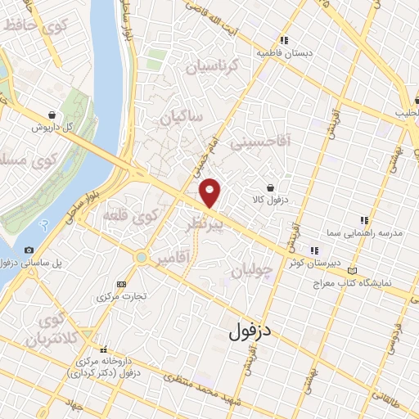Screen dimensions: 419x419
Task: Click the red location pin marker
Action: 210,192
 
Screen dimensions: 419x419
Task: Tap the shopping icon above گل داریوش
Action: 53,115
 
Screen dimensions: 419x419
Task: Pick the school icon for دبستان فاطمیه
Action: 283,40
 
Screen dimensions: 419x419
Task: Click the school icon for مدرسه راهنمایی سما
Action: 364,220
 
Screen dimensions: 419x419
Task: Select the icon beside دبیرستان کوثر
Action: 313,250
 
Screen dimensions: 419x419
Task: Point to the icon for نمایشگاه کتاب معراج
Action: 353,270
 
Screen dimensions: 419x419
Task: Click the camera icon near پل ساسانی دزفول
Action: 29,250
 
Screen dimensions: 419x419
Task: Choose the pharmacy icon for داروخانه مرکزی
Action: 103,349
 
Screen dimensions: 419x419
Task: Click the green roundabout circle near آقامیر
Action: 142,257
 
